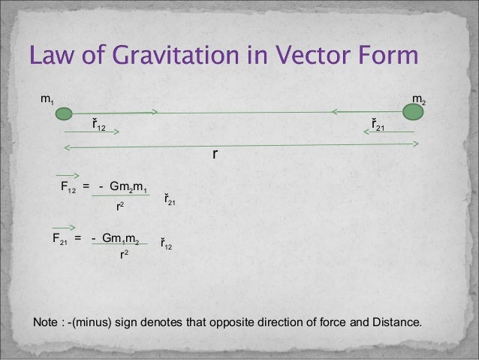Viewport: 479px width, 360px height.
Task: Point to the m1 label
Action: click(47, 98)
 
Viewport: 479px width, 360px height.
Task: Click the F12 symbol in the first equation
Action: click(68, 186)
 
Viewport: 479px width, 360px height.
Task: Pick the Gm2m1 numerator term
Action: click(128, 186)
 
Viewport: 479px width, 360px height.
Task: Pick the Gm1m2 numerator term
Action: click(120, 239)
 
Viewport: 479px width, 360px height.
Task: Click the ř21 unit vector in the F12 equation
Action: click(170, 201)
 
